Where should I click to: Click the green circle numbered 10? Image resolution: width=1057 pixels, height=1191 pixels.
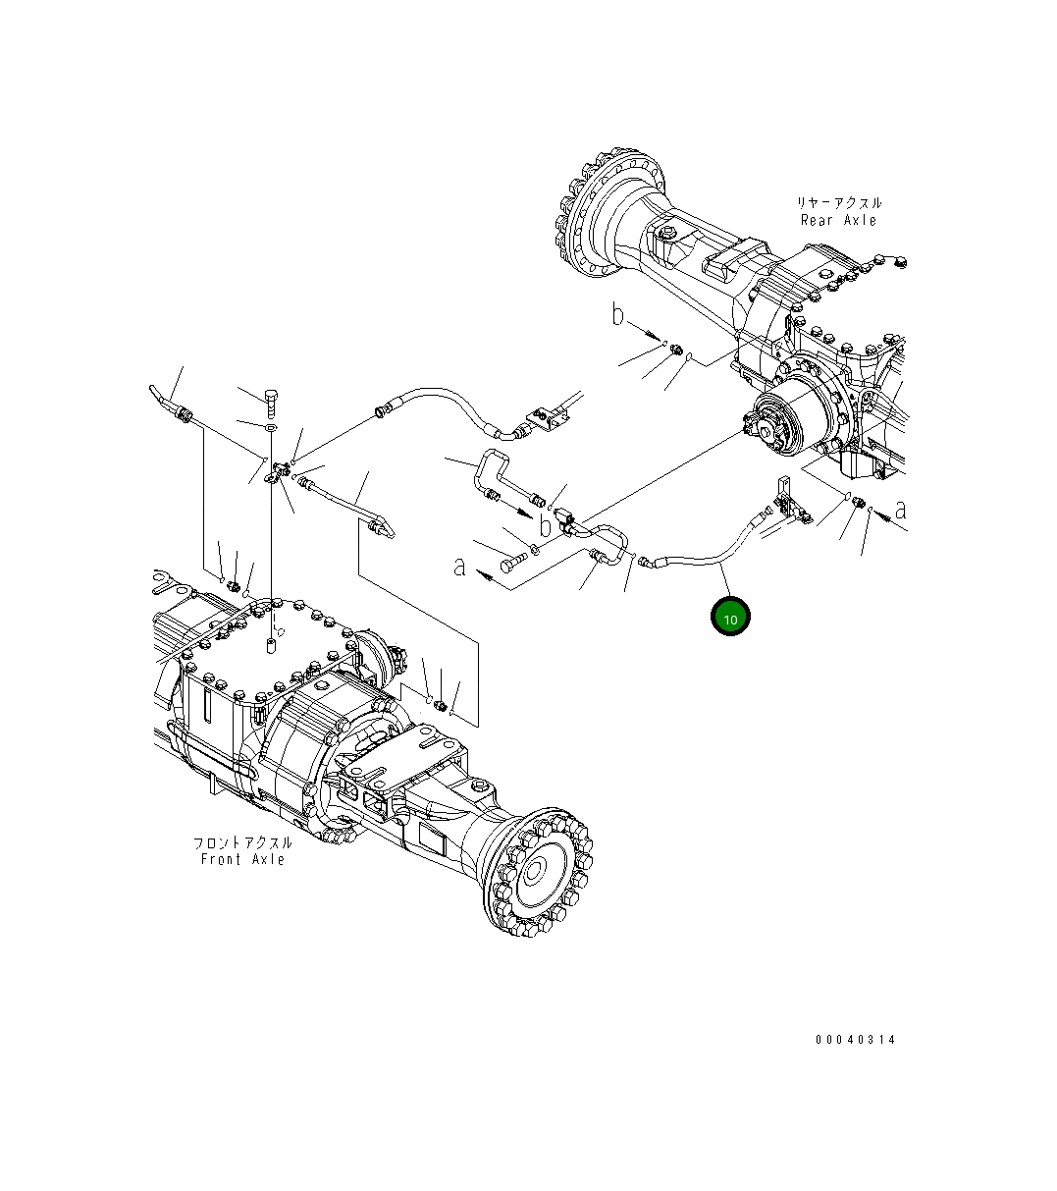point(730,617)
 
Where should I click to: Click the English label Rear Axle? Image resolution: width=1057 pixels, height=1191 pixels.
point(838,220)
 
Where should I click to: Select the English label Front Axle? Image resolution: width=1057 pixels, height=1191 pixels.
point(242,859)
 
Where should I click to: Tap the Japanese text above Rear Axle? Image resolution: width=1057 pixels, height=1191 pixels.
point(838,202)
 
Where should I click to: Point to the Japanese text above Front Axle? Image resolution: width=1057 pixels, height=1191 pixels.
point(242,842)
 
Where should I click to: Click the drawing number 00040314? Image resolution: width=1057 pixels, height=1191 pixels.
point(855,1039)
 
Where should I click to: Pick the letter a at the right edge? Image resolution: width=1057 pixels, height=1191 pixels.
point(900,510)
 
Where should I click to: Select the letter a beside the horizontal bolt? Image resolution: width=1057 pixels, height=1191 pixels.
point(459,567)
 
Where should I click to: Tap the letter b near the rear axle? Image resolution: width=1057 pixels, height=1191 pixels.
point(617,315)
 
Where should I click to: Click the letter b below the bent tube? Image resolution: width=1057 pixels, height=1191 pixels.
point(546,526)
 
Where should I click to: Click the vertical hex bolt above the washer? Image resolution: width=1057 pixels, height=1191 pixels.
point(272,401)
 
